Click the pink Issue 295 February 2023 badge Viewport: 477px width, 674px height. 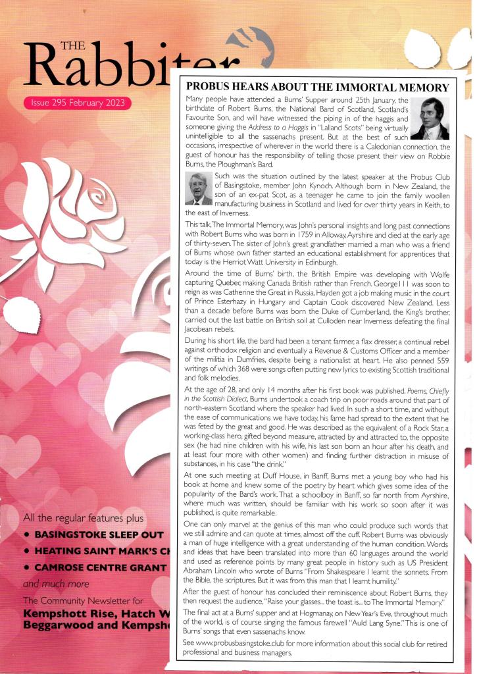[x=77, y=103]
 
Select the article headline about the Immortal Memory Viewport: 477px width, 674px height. [x=318, y=87]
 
